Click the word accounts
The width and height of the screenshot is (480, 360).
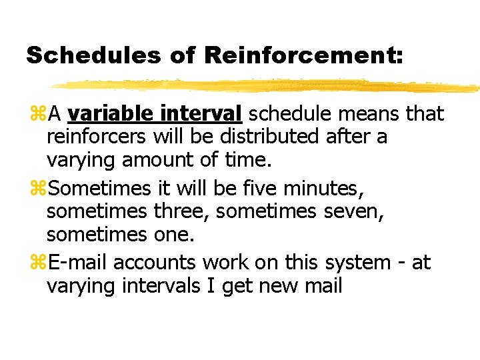[x=155, y=263]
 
